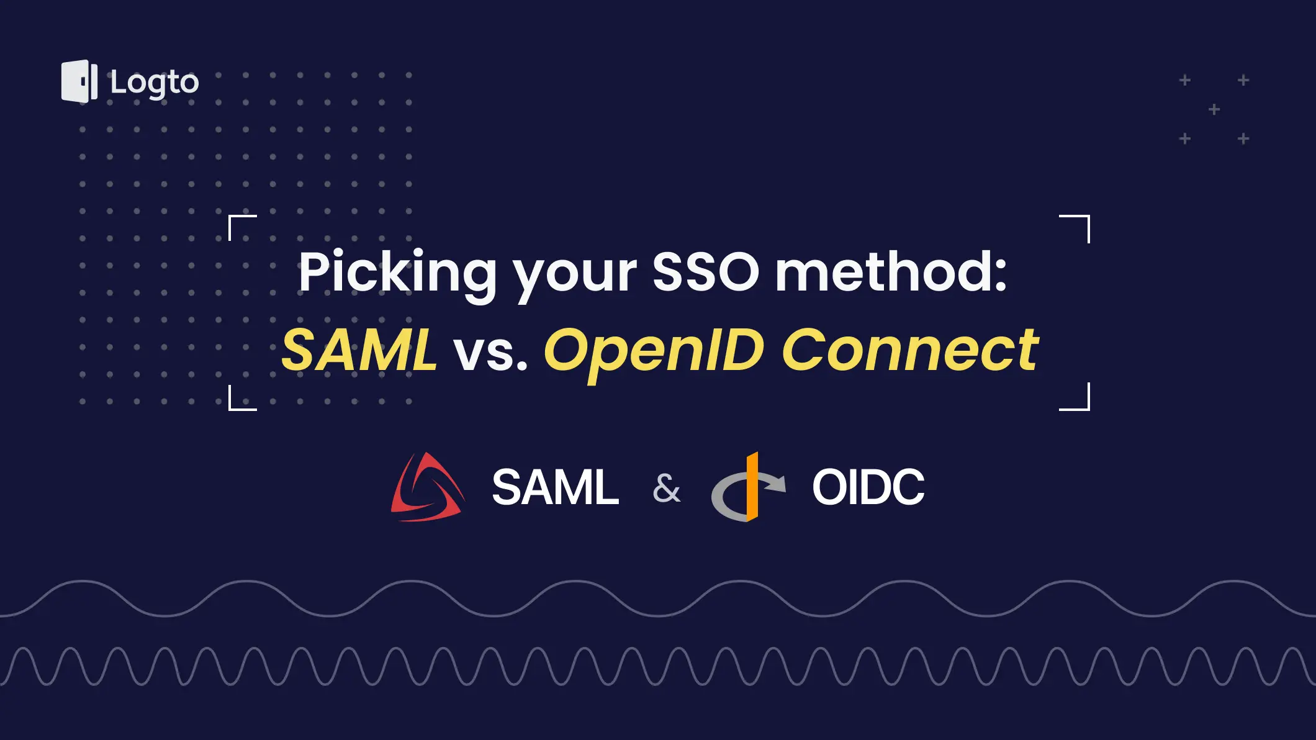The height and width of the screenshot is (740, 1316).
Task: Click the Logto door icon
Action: [79, 81]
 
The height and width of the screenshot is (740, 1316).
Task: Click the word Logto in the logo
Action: [155, 83]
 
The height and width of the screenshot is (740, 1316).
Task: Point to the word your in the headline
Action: [575, 276]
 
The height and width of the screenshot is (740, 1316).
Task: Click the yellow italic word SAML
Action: [359, 350]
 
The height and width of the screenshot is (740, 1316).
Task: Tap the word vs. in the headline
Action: [490, 353]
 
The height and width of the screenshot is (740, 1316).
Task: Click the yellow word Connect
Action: [910, 350]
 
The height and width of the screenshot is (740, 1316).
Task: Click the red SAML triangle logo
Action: [427, 488]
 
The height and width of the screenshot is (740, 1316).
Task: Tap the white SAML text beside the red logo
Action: [555, 488]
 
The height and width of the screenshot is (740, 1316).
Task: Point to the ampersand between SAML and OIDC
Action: [666, 488]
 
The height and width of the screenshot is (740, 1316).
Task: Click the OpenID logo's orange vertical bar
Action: [752, 487]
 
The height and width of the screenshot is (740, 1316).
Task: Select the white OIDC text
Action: [868, 488]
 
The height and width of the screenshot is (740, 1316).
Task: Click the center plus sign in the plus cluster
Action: [1214, 110]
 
